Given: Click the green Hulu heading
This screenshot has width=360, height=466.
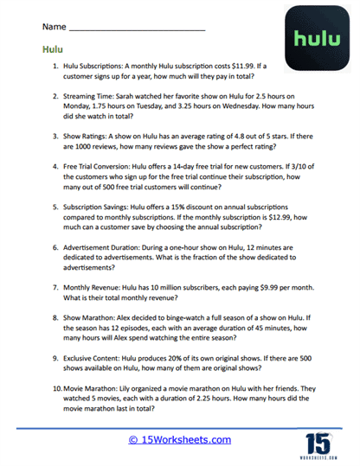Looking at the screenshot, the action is pos(52,50).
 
